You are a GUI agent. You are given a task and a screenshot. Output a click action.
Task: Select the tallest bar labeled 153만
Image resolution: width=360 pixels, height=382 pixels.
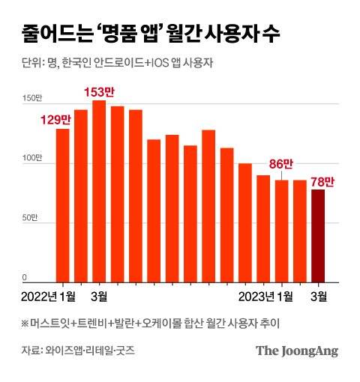click(x=99, y=191)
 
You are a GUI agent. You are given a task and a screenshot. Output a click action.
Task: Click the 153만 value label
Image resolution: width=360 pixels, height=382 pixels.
click(x=99, y=92)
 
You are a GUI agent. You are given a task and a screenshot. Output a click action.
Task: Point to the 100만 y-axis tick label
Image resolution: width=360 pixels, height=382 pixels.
click(x=31, y=159)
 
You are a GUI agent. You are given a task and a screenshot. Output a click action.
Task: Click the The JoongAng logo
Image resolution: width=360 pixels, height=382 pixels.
click(x=297, y=351)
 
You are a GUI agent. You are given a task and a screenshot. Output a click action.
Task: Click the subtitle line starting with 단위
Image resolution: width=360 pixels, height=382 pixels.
click(x=113, y=64)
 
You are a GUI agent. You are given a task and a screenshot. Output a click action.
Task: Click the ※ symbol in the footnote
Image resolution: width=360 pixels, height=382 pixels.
click(x=26, y=323)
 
